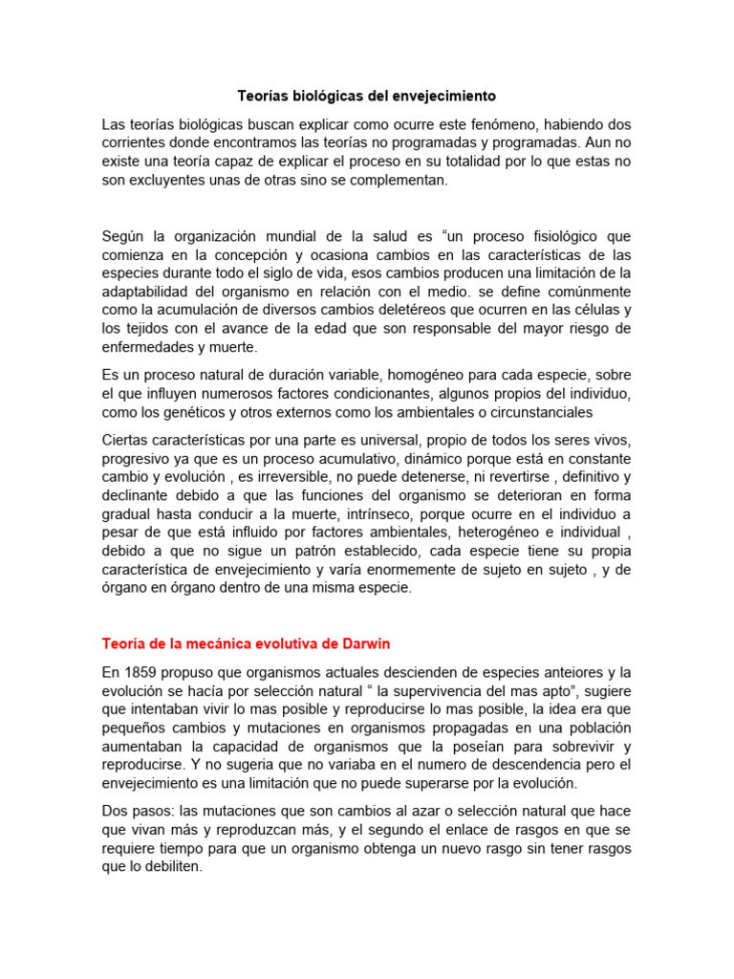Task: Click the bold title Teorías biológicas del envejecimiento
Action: click(367, 97)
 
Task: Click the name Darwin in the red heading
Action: click(364, 642)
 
